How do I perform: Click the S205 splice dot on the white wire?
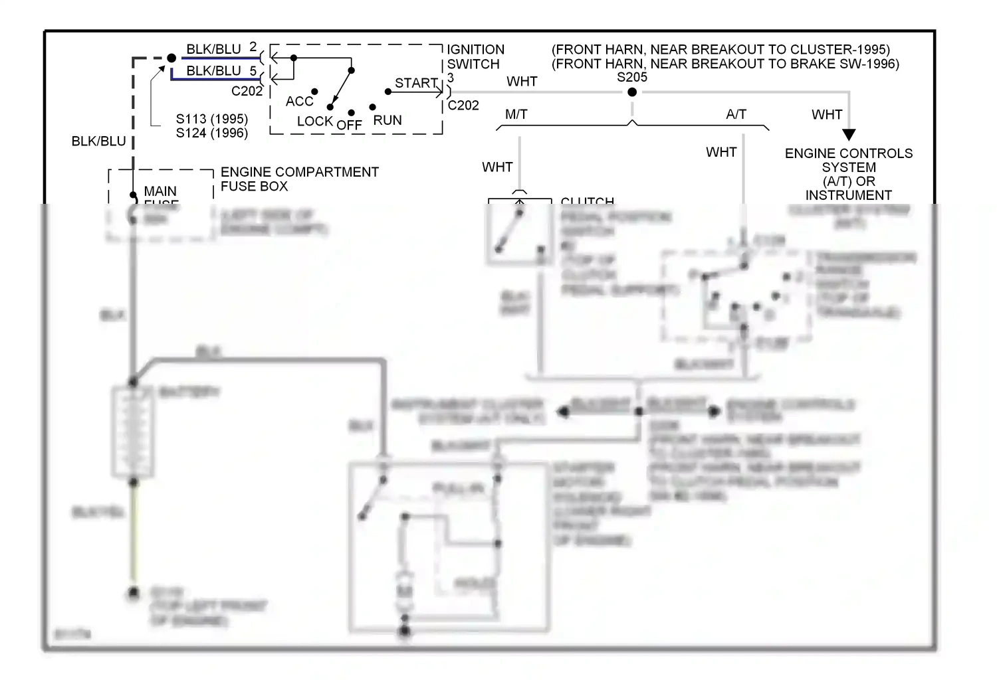point(632,92)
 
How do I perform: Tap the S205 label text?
point(631,77)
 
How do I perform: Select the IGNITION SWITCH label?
point(475,57)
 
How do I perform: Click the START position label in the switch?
point(416,83)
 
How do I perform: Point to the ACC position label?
point(299,101)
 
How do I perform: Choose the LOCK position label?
point(314,121)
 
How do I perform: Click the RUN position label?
point(388,120)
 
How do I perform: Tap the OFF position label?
point(349,125)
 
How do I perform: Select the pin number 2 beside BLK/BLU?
point(253,47)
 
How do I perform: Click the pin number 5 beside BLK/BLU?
point(253,70)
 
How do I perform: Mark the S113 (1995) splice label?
point(211,119)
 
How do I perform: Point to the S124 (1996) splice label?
point(211,133)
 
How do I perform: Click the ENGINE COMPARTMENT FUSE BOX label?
point(299,179)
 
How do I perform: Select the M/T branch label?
point(516,114)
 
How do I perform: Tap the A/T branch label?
point(736,114)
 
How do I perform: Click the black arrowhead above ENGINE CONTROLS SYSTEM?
point(849,134)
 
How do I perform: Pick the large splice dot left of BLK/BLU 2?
point(171,58)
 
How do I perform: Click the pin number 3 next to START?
point(451,78)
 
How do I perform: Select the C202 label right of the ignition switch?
point(463,105)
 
